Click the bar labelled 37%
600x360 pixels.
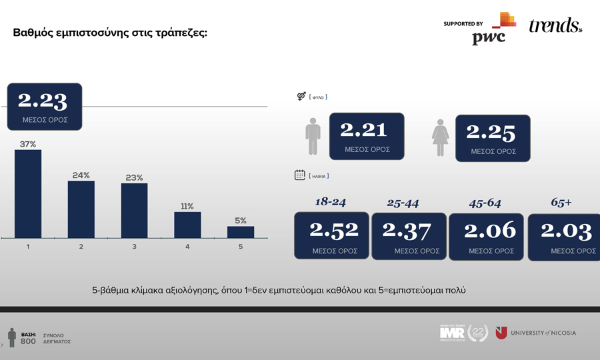pos(28,193)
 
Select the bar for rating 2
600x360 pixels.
pos(81,209)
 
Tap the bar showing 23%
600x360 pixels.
pos(134,211)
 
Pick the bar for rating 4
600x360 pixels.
pos(187,225)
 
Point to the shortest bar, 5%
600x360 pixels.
pos(241,232)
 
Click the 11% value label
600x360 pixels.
pos(187,206)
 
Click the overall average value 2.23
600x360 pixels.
pos(43,101)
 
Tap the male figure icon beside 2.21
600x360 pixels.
pos(313,137)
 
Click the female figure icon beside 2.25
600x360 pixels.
pos(440,138)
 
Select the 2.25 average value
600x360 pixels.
pos(491,133)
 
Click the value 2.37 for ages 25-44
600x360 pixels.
pos(407,230)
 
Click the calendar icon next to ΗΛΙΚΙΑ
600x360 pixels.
pos(300,175)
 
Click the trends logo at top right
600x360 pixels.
pos(555,26)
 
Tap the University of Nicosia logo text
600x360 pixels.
pos(543,333)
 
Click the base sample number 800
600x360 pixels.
pos(28,341)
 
